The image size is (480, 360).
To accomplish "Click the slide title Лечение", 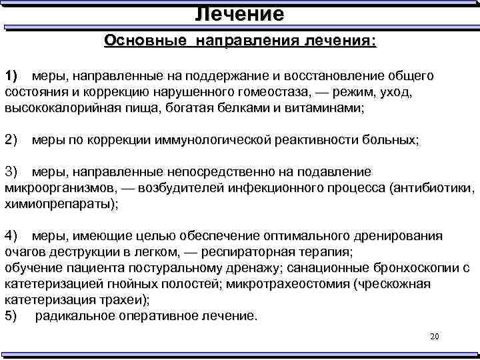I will click(240, 13).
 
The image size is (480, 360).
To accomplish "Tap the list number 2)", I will click(13, 139).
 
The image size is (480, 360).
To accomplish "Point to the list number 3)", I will click(13, 171).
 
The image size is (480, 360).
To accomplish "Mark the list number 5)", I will click(13, 316).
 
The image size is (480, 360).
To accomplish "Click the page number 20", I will click(435, 337).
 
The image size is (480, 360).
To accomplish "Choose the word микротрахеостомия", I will click(289, 284).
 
